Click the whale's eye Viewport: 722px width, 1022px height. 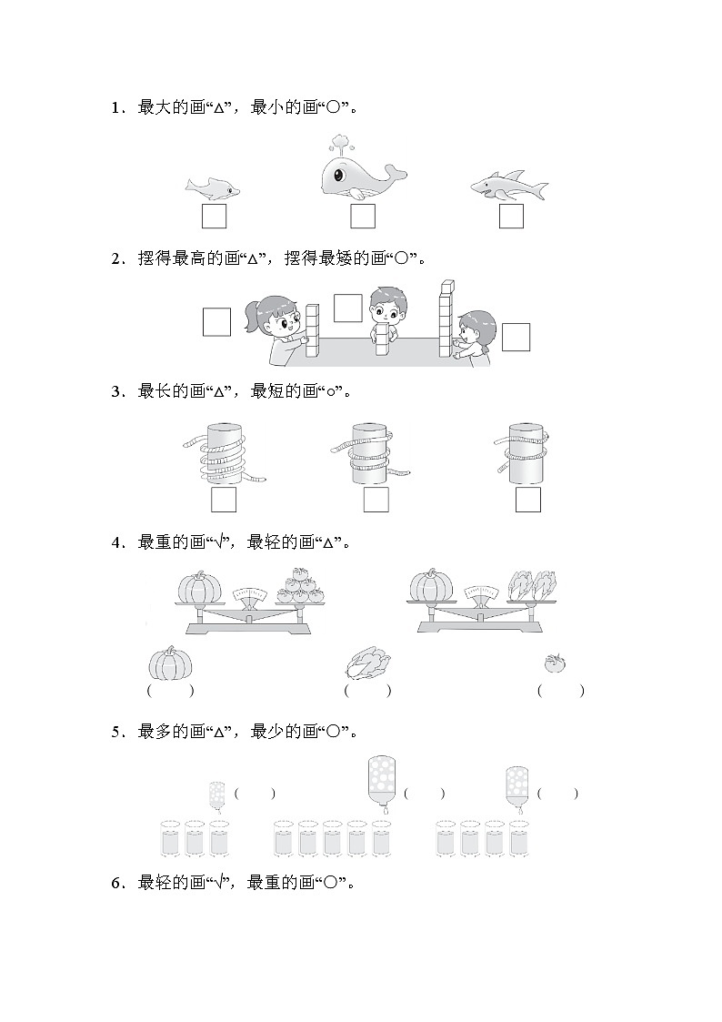pyautogui.click(x=338, y=174)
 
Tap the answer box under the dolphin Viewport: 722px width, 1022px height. pyautogui.click(x=214, y=216)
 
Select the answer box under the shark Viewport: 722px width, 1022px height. pyautogui.click(x=511, y=216)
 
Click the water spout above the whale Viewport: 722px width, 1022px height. pyautogui.click(x=337, y=144)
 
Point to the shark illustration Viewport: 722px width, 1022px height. pyautogui.click(x=510, y=185)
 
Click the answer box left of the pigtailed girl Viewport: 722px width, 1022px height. pyautogui.click(x=216, y=322)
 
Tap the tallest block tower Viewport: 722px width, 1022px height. pyautogui.click(x=446, y=319)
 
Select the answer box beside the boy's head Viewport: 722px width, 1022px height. pyautogui.click(x=347, y=308)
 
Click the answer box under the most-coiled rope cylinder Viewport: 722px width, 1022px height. pyautogui.click(x=224, y=500)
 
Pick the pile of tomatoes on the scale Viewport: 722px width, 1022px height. pyautogui.click(x=301, y=585)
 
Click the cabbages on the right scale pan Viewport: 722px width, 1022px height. pyautogui.click(x=533, y=584)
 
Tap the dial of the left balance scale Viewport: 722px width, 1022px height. pyautogui.click(x=250, y=594)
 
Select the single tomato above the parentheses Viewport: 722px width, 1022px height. pyautogui.click(x=556, y=663)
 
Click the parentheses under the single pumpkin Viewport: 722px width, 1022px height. pyautogui.click(x=170, y=690)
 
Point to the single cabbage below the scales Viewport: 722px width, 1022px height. pyautogui.click(x=368, y=663)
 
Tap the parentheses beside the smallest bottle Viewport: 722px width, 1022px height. pyautogui.click(x=255, y=794)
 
